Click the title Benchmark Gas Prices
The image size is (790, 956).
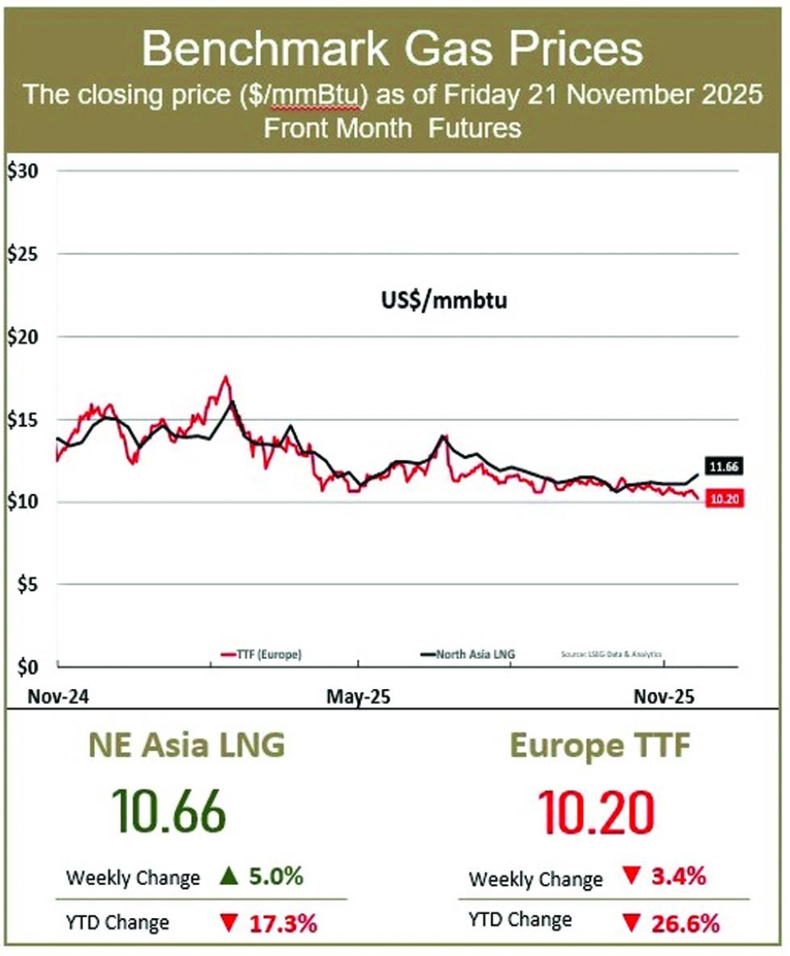[x=393, y=50]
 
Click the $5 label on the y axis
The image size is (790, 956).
[x=26, y=585]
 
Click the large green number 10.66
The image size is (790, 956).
[x=169, y=811]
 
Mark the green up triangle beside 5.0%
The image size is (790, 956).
[x=229, y=877]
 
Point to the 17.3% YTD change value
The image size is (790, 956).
[x=283, y=924]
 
